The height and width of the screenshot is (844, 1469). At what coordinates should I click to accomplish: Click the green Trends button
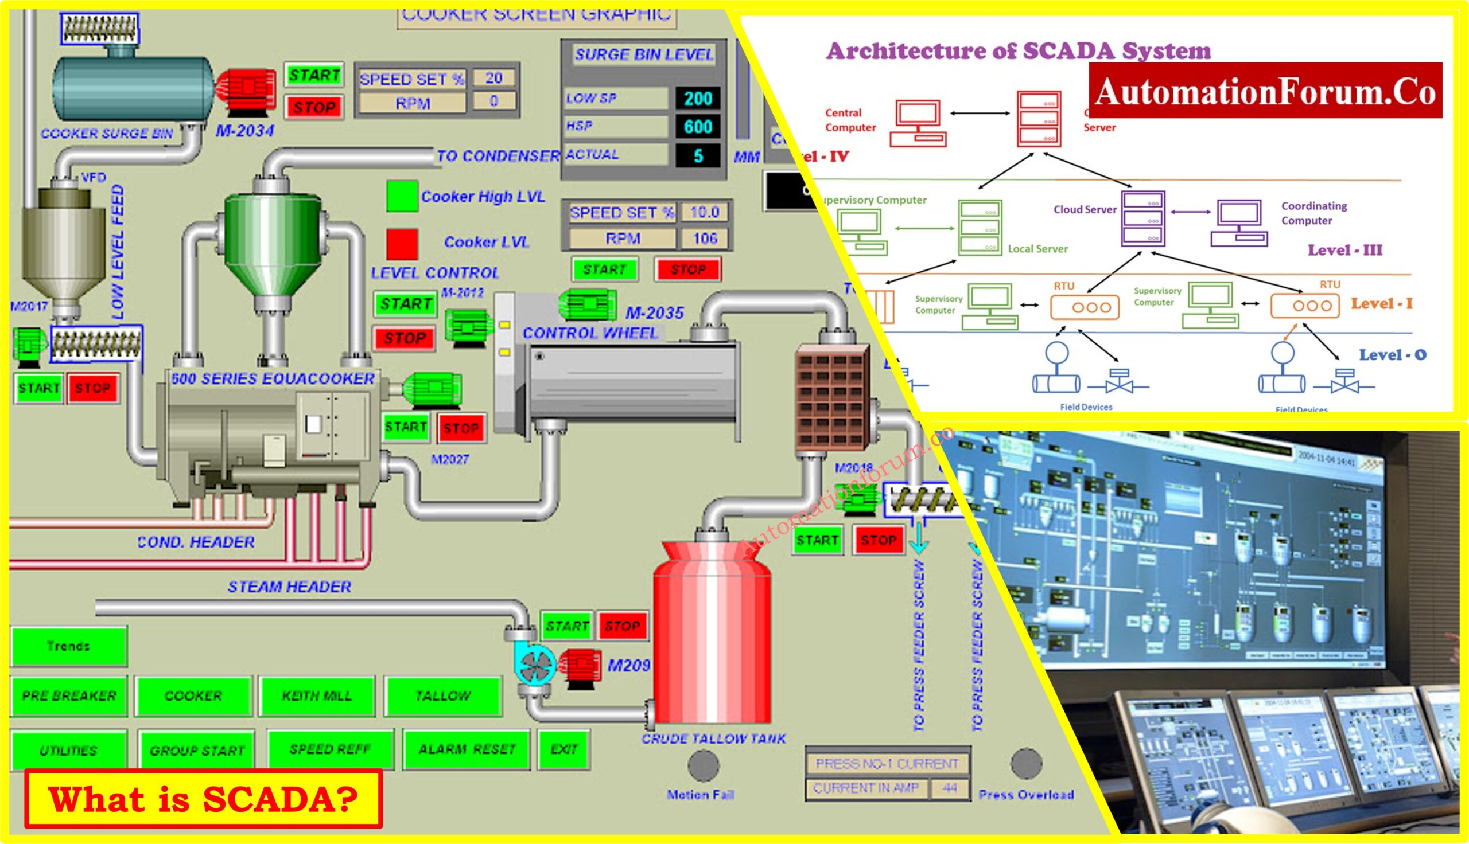click(x=68, y=646)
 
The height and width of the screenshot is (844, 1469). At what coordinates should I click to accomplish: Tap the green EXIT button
click(x=563, y=749)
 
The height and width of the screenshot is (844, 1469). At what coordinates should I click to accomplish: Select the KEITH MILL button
click(x=317, y=695)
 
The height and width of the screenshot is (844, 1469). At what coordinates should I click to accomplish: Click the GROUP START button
click(x=197, y=750)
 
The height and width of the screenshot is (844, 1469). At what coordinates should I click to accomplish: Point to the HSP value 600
click(x=698, y=126)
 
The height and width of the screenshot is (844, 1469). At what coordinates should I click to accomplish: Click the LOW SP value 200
click(x=698, y=99)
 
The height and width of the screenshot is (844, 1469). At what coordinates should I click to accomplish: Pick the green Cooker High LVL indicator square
click(x=402, y=196)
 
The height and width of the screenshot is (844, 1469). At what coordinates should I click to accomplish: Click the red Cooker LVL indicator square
click(x=402, y=244)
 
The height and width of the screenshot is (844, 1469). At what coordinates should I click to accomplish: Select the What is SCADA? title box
click(x=203, y=798)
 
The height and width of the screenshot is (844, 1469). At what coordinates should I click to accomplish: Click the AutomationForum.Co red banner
click(x=1265, y=91)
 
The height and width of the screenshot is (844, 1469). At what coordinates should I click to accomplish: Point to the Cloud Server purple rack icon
click(x=1142, y=218)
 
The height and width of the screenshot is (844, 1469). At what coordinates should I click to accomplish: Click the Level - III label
click(x=1344, y=251)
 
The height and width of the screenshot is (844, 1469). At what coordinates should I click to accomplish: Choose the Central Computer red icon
click(x=918, y=123)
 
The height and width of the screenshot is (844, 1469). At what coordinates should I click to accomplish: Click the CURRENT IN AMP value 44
click(x=949, y=788)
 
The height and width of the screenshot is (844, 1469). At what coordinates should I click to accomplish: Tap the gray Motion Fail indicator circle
click(x=703, y=765)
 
